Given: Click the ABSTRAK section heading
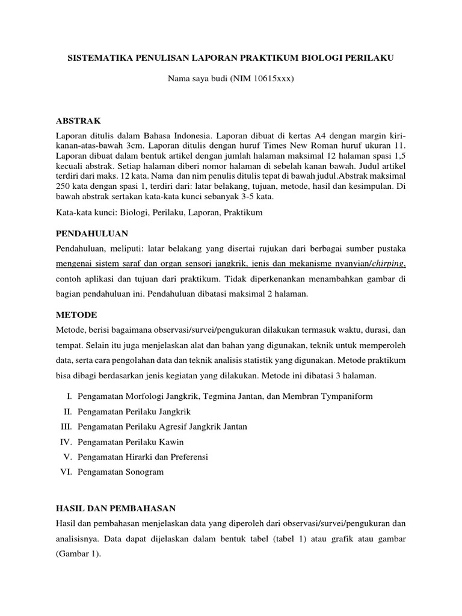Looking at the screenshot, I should [x=79, y=120].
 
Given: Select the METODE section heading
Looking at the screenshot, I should [x=76, y=315].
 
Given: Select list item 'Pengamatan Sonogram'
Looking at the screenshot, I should [x=120, y=472].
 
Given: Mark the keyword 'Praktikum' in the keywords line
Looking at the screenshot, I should [x=245, y=212].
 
